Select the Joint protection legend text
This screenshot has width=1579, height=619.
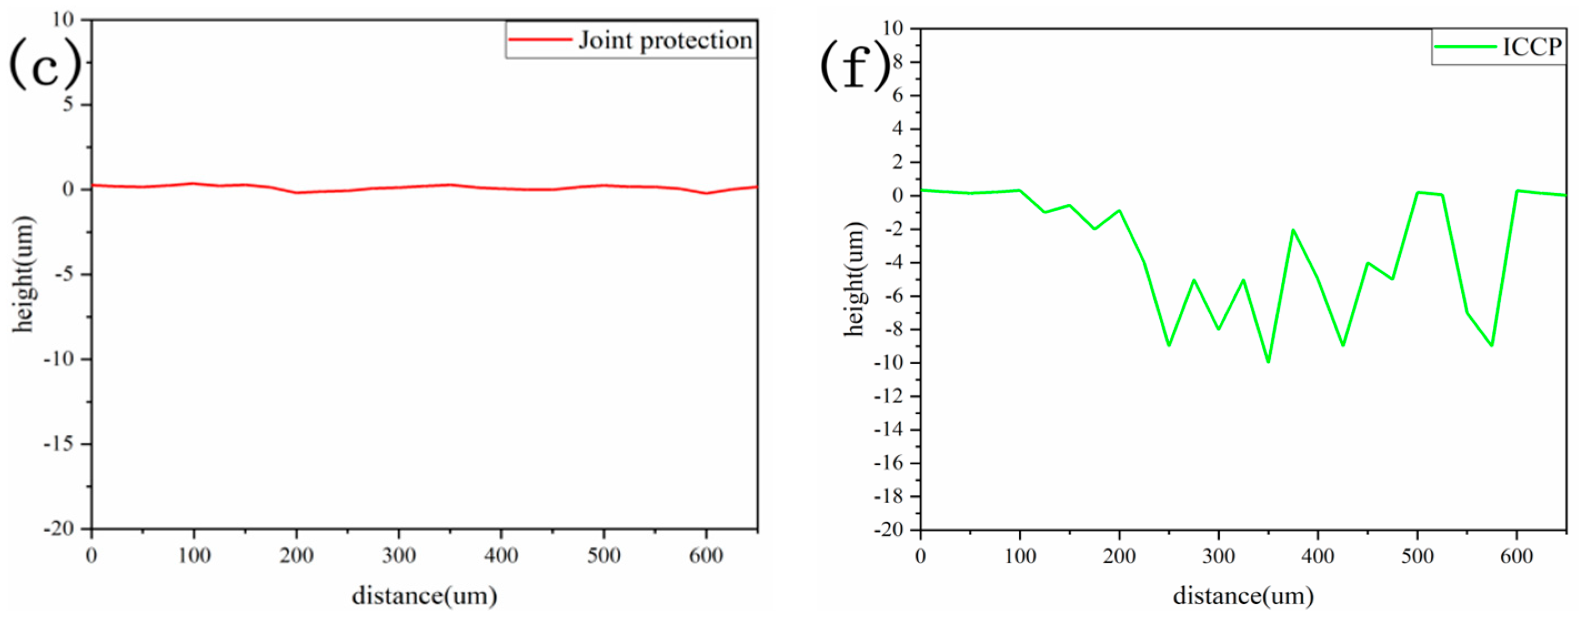point(665,41)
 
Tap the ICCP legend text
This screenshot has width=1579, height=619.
point(1532,47)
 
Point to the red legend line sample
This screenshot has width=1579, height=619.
point(540,40)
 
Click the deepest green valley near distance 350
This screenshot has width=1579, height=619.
point(1268,361)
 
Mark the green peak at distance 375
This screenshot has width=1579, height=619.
point(1293,230)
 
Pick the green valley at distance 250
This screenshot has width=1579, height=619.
point(1169,345)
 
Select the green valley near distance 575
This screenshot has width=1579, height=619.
point(1491,346)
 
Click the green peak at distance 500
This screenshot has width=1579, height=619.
point(1417,193)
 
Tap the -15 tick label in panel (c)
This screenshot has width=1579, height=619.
point(57,444)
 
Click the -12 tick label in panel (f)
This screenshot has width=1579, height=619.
point(896,396)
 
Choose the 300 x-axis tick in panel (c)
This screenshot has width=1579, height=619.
point(399,555)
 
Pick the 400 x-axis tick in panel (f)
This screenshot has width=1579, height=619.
point(1317,556)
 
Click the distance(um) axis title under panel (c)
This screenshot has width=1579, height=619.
point(424,595)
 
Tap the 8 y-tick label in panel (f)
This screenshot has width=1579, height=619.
point(900,62)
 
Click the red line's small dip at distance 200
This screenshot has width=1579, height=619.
point(296,193)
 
